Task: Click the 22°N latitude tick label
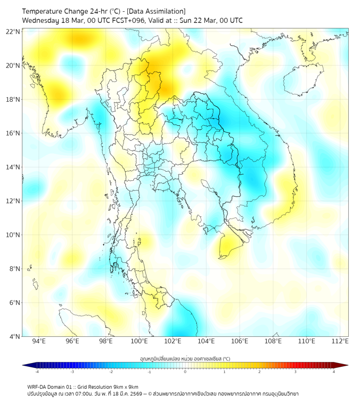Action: coord(13,31)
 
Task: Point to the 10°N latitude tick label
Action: coord(13,235)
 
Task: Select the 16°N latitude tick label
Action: coord(13,133)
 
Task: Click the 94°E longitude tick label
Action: coord(39,342)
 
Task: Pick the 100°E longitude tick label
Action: coord(140,342)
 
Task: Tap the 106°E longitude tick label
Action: coord(240,342)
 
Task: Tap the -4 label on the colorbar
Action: coord(36,372)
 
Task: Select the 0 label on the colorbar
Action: coord(185,372)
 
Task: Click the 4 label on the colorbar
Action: coord(334,372)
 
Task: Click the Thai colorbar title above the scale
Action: coord(185,358)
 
